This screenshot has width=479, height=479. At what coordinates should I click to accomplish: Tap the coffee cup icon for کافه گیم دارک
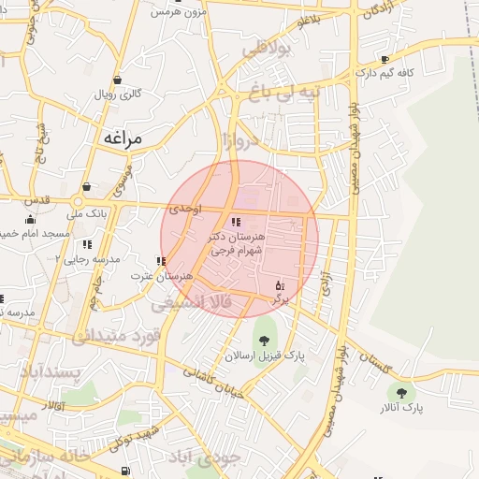coord(385,59)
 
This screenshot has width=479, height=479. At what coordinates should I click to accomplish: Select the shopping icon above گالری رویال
coord(117,80)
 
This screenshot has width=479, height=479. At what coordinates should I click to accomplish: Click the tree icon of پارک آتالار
coord(402,394)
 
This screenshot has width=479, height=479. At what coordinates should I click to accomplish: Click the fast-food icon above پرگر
coord(278,285)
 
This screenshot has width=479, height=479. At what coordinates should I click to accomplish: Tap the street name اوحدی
coord(185,210)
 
